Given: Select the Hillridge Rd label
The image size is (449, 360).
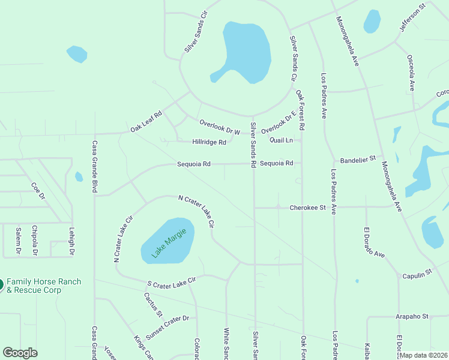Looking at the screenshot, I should [x=209, y=142].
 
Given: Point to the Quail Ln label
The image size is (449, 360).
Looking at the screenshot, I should [x=281, y=140].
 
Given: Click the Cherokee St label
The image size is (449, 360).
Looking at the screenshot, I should [x=307, y=208].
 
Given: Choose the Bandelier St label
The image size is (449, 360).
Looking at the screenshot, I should [x=357, y=160].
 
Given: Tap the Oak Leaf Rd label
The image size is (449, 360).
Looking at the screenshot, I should [x=146, y=121].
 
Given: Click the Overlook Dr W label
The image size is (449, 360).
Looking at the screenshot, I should [x=220, y=126].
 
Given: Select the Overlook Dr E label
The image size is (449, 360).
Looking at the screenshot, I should [x=279, y=122].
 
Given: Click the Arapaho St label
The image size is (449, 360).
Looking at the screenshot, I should [x=411, y=316].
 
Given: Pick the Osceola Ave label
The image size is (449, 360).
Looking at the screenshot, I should [x=411, y=72].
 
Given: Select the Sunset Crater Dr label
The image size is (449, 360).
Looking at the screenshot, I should [x=167, y=328].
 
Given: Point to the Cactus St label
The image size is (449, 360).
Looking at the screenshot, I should [x=153, y=304].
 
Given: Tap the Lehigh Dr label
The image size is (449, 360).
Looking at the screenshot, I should [x=70, y=242].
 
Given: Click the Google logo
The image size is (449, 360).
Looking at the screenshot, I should [x=20, y=353].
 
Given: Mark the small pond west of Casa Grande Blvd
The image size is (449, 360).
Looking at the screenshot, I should [x=79, y=177].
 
